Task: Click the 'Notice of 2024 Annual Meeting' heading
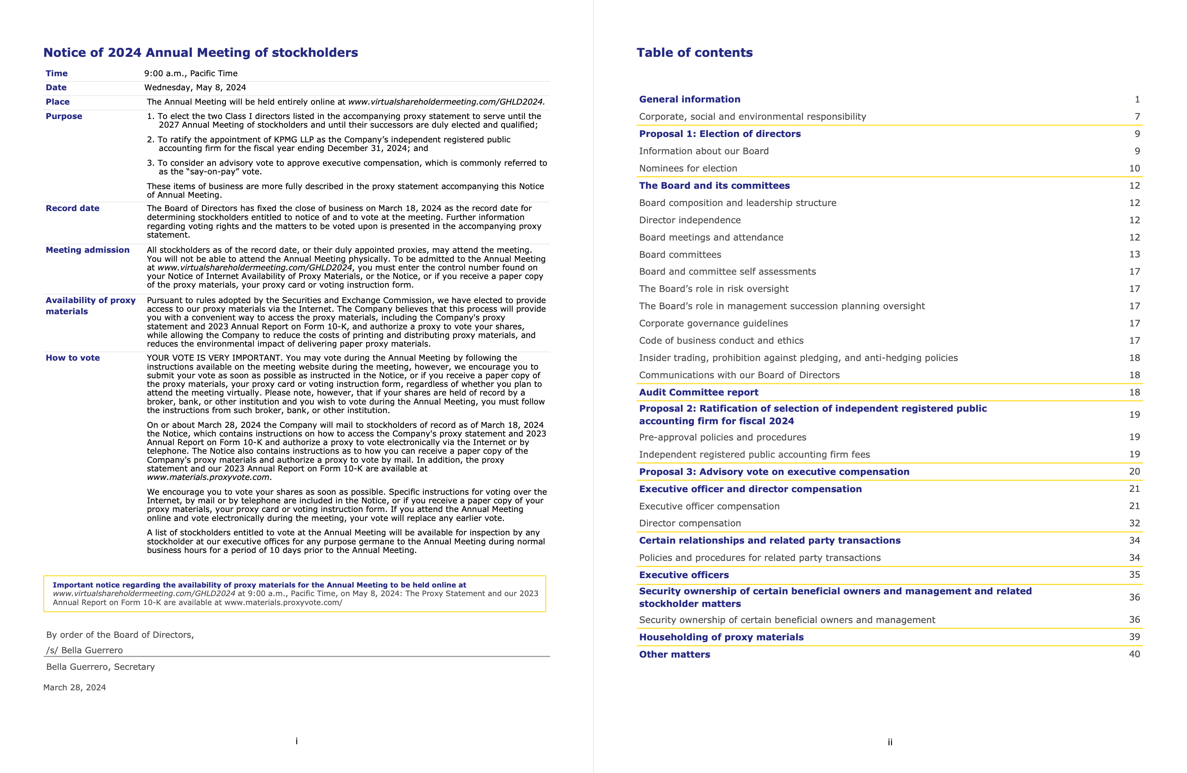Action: (200, 53)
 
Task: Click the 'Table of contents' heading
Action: (694, 53)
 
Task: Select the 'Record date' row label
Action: (72, 208)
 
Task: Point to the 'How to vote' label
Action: (72, 358)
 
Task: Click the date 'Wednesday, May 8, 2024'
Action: (195, 88)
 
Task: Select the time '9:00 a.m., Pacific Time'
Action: (191, 73)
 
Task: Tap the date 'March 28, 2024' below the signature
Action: (74, 688)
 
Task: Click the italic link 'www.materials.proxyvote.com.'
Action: (209, 477)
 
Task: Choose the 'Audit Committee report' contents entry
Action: (698, 393)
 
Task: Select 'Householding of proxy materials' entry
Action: (721, 637)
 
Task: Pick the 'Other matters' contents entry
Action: (674, 655)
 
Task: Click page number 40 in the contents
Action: (1134, 654)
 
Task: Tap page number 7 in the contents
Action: (1137, 116)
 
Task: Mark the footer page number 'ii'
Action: (890, 742)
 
